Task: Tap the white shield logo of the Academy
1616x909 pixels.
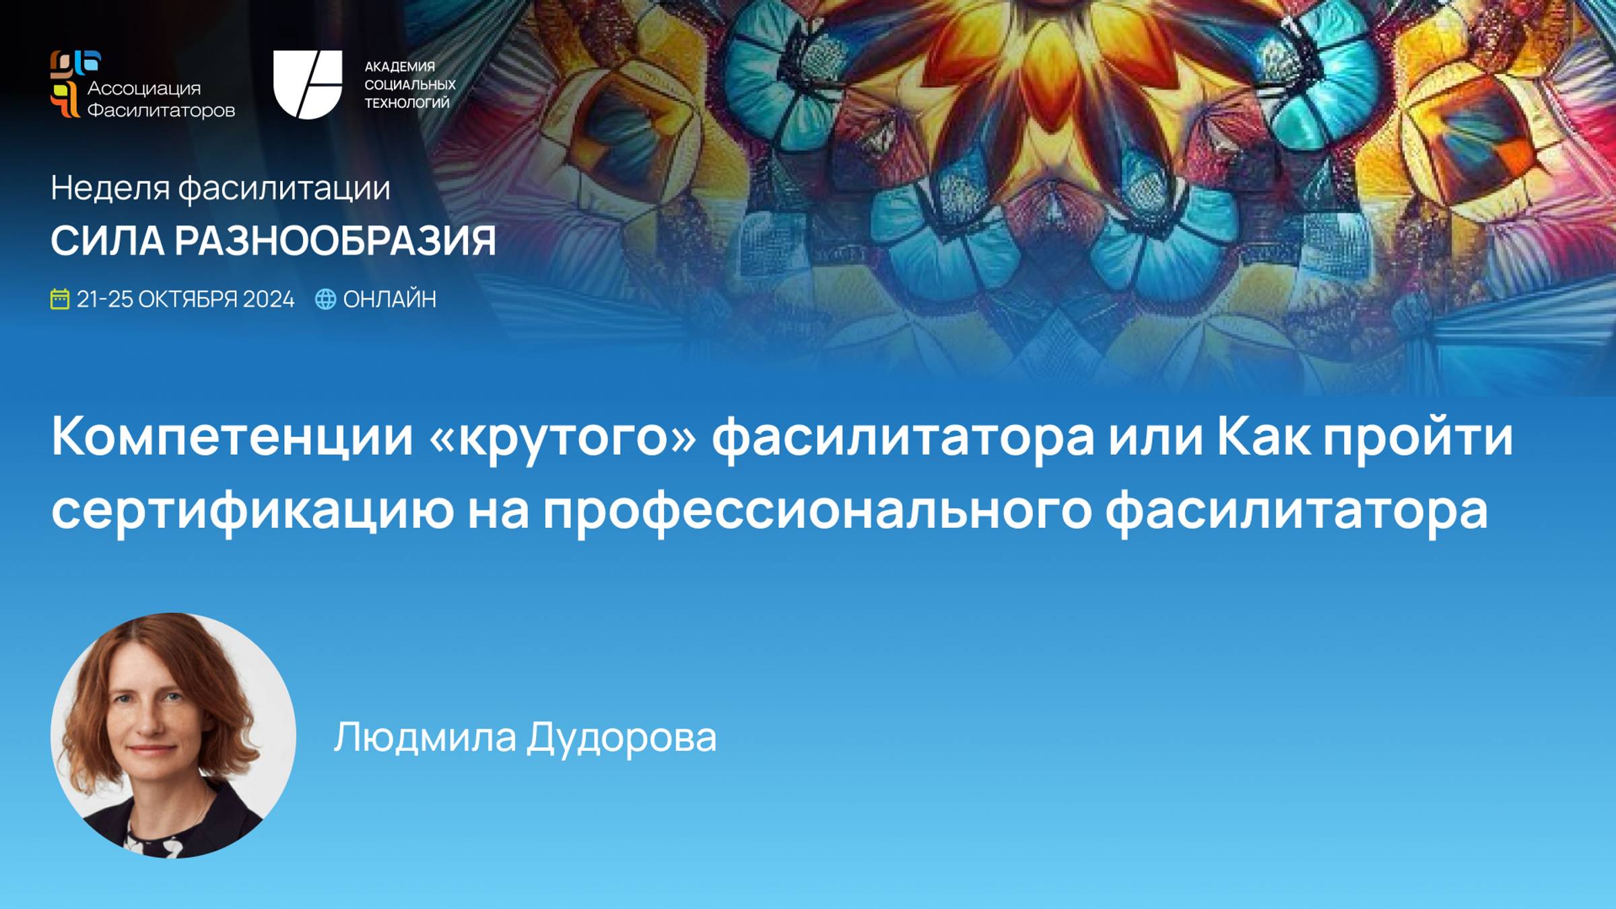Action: [307, 84]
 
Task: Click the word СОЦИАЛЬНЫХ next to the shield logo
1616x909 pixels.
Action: [410, 85]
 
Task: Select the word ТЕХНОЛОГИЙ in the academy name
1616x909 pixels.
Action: [407, 103]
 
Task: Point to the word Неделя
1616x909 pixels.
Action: [110, 188]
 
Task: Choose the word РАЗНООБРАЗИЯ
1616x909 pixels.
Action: [335, 240]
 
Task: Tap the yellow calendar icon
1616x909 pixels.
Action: [60, 299]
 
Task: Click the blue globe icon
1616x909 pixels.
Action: [325, 299]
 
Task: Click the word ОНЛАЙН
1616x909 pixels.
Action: [390, 299]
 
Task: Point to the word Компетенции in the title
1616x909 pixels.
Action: [232, 437]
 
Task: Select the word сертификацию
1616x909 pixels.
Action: [252, 511]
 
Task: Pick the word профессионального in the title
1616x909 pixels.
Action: [817, 511]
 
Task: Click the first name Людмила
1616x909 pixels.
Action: [425, 737]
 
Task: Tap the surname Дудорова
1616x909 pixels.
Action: [621, 737]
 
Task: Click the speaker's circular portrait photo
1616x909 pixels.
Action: [173, 735]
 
